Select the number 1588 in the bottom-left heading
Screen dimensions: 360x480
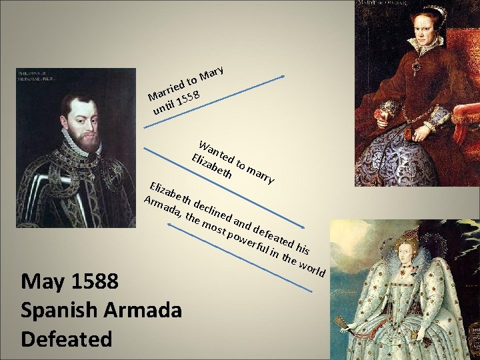[x=93, y=283]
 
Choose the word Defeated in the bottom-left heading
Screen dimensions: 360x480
[x=66, y=339]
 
